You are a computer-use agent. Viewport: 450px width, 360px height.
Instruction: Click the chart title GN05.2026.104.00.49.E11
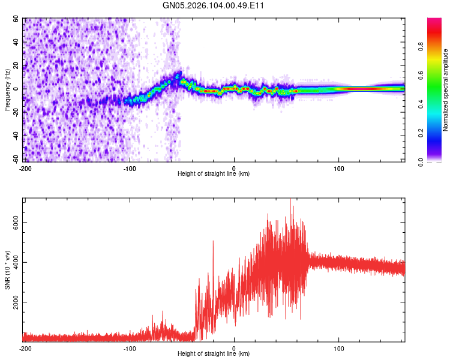coord(214,5)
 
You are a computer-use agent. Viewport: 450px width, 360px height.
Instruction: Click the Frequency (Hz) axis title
coord(7,90)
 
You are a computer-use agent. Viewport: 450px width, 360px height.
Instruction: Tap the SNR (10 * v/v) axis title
coord(7,269)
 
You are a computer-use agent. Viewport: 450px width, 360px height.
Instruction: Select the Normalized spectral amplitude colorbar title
coord(446,90)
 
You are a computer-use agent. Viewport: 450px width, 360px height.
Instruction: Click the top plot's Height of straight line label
coord(214,173)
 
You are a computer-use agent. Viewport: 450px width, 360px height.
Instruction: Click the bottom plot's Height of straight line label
coord(214,353)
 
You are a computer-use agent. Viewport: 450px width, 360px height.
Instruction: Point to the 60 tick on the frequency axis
coord(16,19)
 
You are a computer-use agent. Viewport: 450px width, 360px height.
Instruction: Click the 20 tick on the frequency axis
coord(16,66)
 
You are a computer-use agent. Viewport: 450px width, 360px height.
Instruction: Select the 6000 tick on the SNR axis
coord(13,223)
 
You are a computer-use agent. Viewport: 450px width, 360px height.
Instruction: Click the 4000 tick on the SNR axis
coord(13,262)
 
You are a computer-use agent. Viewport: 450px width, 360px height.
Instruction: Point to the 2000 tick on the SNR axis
coord(13,302)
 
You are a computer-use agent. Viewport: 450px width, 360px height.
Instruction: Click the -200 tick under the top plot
coord(25,168)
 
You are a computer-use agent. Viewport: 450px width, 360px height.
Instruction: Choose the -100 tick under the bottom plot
coord(129,348)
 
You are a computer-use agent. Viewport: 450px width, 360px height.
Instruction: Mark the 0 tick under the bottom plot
coord(234,348)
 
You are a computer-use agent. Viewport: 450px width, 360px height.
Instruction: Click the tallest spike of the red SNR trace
coord(290,200)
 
